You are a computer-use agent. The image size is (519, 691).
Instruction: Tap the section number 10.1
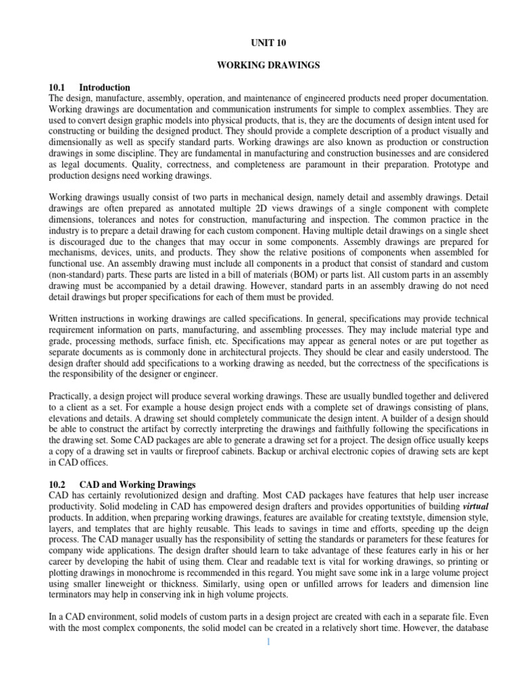point(59,88)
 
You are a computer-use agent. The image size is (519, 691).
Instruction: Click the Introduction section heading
point(105,88)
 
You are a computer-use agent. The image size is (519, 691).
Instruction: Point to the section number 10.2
point(59,484)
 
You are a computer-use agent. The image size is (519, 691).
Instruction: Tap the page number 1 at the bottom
point(267,641)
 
